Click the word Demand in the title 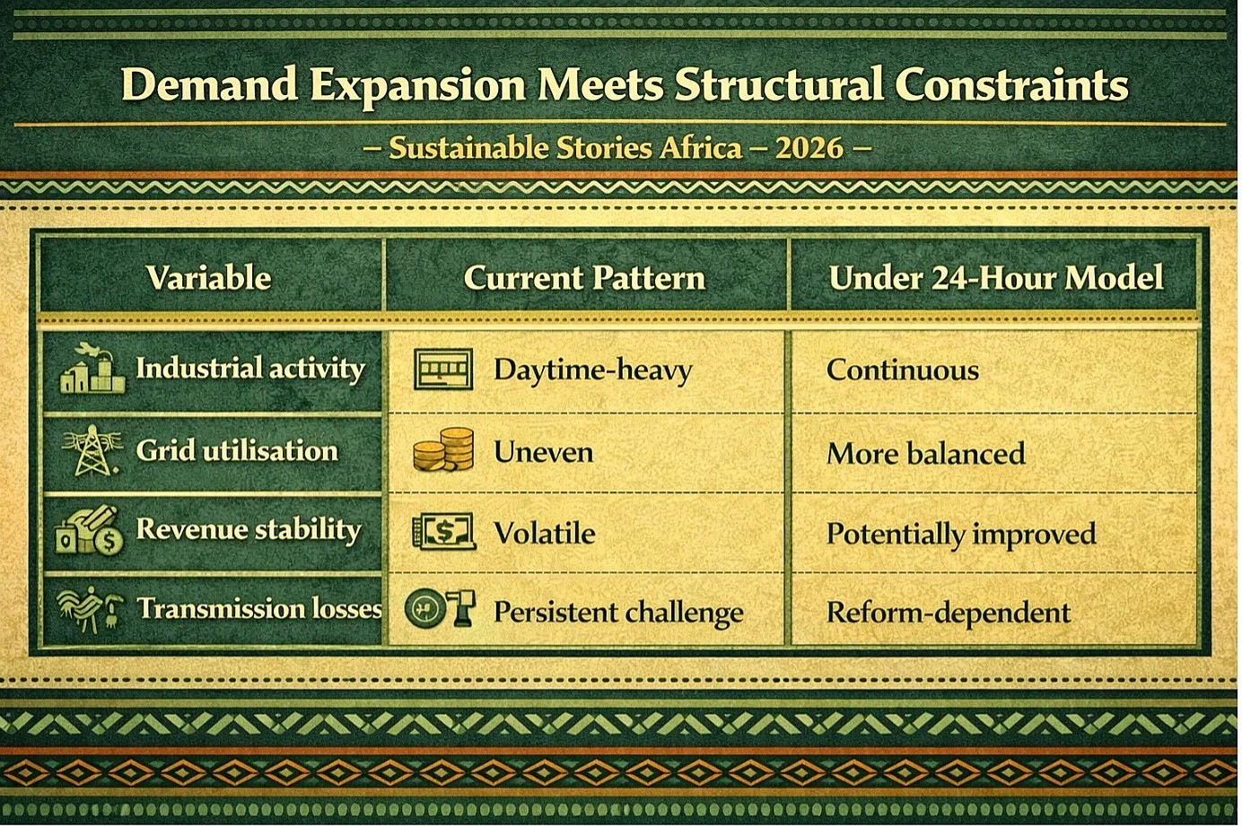(x=209, y=84)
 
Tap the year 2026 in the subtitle (x=809, y=148)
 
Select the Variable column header (x=209, y=277)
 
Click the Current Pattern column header (x=584, y=277)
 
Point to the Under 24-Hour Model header (x=996, y=277)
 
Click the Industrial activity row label (x=250, y=369)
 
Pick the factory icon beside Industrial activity (x=92, y=370)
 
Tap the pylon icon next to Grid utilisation (x=92, y=450)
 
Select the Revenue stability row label (x=249, y=529)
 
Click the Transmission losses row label (x=259, y=609)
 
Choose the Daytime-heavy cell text (x=592, y=370)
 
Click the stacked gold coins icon (x=443, y=449)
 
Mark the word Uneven (x=544, y=452)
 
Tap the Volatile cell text (x=545, y=533)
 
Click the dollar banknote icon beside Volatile (x=443, y=531)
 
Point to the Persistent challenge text (x=618, y=613)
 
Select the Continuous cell (x=902, y=370)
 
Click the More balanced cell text (x=925, y=453)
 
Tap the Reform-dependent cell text (x=949, y=613)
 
